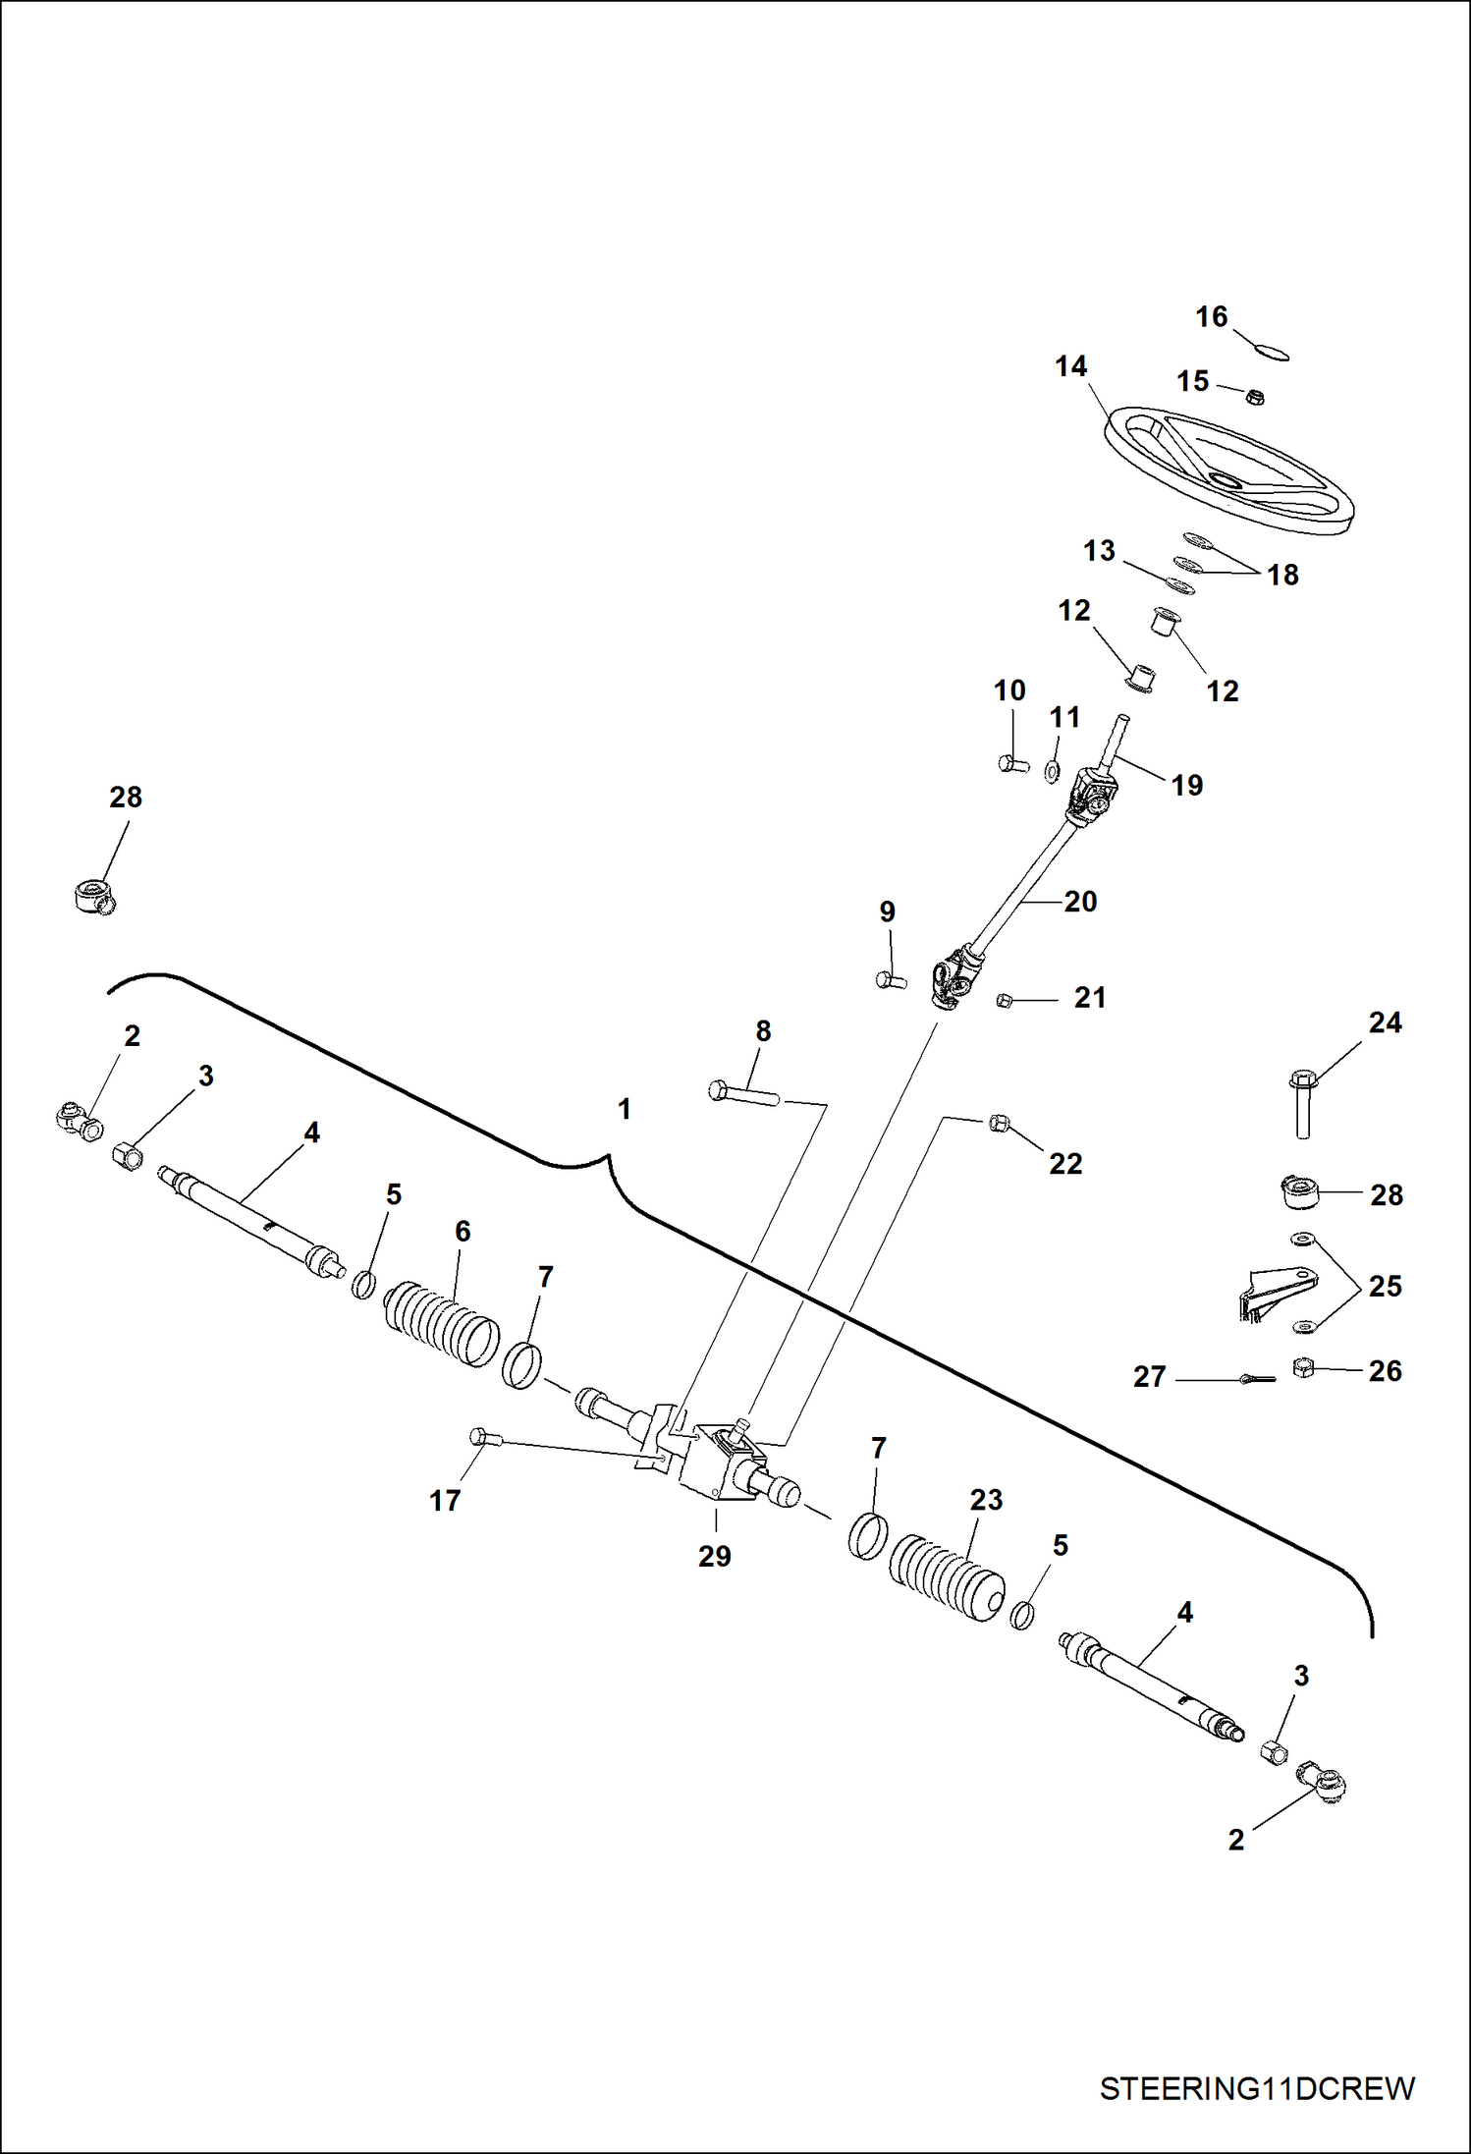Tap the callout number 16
(1211, 317)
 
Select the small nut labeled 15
(1254, 396)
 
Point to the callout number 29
(715, 1556)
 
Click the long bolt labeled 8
(743, 1093)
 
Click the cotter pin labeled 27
(1257, 1379)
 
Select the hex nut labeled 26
(1303, 1368)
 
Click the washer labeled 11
(1052, 771)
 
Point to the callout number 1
(624, 1109)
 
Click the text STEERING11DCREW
(1256, 2087)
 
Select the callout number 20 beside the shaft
(1080, 902)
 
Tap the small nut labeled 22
(1000, 1123)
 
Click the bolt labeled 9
(890, 979)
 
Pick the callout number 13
(1099, 551)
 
